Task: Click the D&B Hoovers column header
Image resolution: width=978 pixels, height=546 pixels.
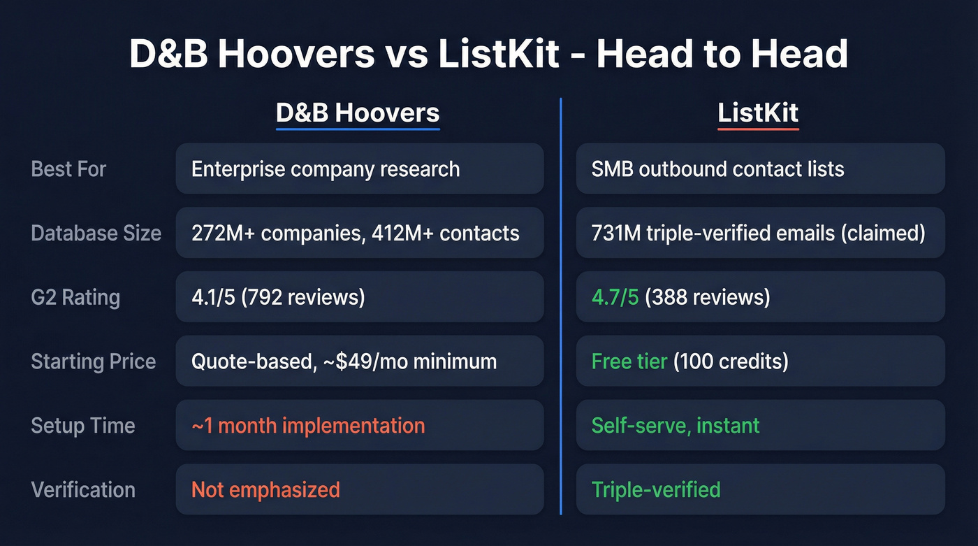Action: coord(358,113)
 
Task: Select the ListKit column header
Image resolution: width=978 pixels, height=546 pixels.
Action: coord(758,113)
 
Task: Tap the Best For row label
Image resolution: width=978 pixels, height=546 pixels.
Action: coord(68,168)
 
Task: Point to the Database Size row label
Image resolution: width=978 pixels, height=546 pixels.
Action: coord(96,233)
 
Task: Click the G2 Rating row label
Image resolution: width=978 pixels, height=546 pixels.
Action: coord(75,297)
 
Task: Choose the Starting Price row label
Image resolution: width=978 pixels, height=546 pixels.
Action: coord(93,361)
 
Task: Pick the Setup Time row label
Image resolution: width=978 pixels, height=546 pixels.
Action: coord(82,425)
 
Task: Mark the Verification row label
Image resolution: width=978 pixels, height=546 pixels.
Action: coord(83,489)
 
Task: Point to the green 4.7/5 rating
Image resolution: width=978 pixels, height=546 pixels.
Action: coord(615,297)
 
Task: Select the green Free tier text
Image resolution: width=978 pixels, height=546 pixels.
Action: coord(629,361)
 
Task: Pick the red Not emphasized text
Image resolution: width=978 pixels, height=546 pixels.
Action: coord(265,489)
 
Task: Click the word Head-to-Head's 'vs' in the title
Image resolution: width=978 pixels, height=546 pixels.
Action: coord(406,55)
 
